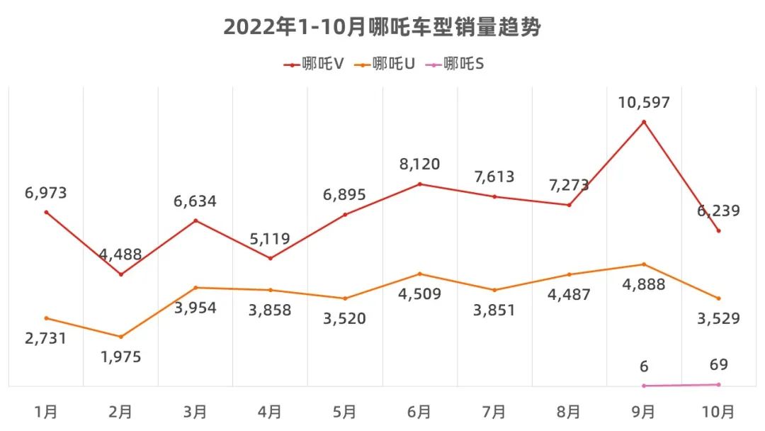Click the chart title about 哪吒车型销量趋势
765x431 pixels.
click(382, 27)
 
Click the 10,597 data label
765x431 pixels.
click(643, 102)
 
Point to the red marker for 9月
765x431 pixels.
click(643, 122)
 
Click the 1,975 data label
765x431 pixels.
click(121, 357)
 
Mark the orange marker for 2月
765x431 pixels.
click(121, 337)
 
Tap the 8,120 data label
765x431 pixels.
click(419, 164)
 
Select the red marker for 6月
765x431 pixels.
click(419, 184)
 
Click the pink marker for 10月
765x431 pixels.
click(718, 385)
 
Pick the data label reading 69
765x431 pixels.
click(718, 365)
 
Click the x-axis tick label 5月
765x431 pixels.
click(345, 411)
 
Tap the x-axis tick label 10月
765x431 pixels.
click(718, 411)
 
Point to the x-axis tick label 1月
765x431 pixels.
click(46, 411)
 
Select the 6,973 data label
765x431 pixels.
click(46, 193)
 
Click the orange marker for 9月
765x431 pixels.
click(643, 264)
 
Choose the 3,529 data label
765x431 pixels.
click(718, 318)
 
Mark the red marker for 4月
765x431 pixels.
click(271, 258)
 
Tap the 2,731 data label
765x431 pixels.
click(46, 338)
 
